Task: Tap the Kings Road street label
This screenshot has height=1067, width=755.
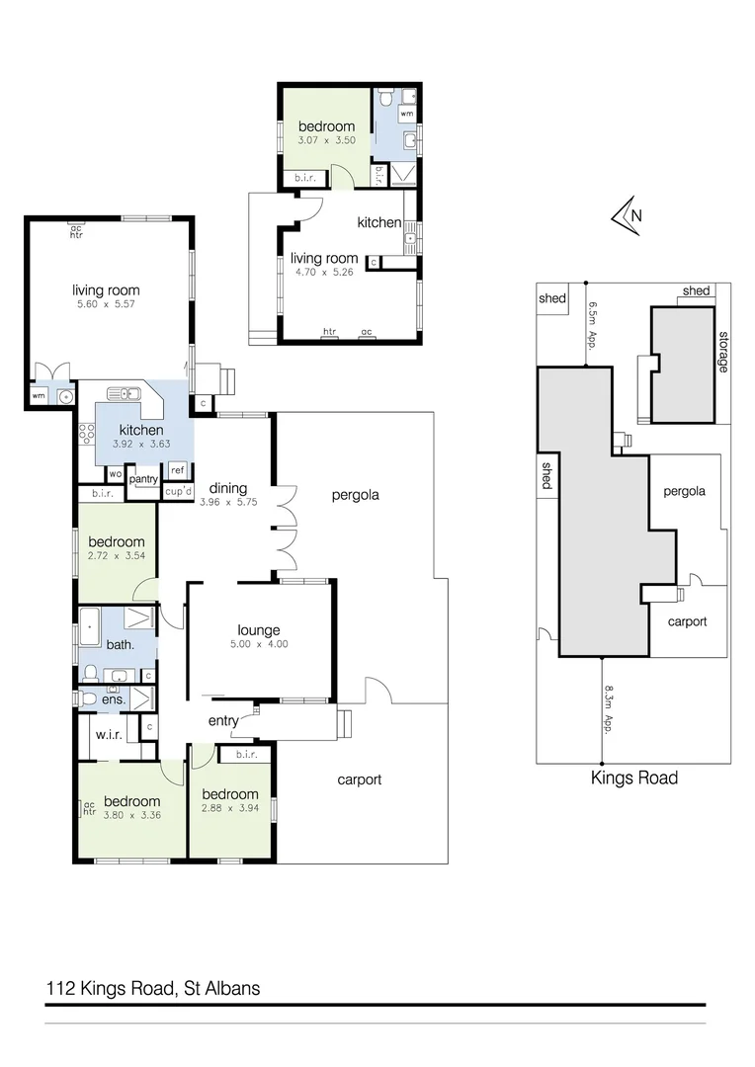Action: (x=633, y=778)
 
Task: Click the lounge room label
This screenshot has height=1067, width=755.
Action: (x=259, y=630)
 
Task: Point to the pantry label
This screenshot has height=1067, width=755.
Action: (x=143, y=479)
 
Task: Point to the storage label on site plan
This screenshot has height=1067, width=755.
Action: (x=722, y=351)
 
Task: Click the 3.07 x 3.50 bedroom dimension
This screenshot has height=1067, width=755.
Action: (x=326, y=141)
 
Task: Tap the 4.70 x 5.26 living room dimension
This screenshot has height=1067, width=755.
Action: (x=324, y=274)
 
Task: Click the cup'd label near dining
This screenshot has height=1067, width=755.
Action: (x=177, y=491)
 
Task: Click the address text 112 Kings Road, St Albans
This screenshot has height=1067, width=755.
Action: (x=153, y=987)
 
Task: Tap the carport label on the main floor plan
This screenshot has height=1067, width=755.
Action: (x=359, y=780)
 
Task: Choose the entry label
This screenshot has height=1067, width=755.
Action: (x=223, y=721)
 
